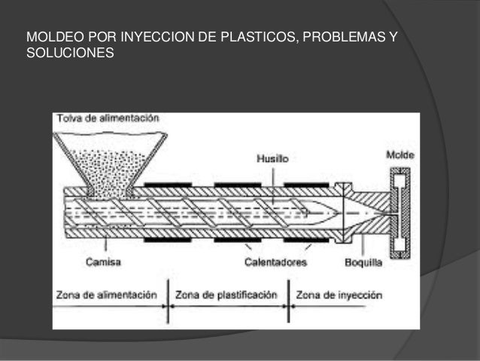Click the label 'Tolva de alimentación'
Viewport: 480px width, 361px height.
(105, 118)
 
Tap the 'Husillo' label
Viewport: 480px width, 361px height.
(270, 159)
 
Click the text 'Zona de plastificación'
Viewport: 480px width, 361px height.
(226, 295)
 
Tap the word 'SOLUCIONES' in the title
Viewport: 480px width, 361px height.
(69, 55)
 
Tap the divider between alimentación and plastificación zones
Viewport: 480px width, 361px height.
(168, 301)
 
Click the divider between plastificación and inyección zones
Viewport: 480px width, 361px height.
(287, 301)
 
